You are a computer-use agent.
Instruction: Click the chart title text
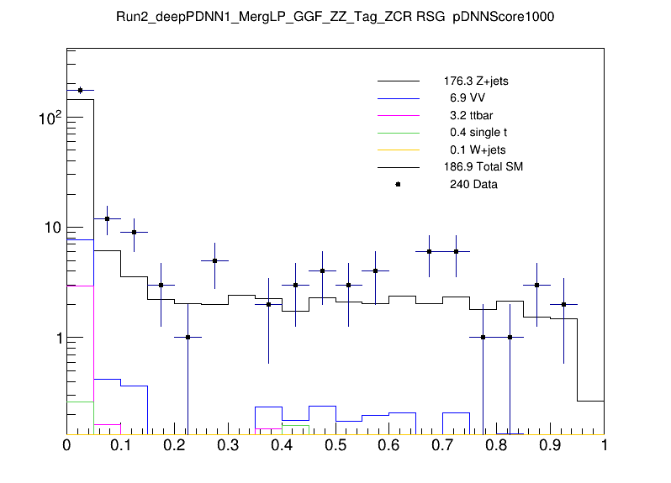[335, 17]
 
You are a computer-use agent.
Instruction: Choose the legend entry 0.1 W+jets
[475, 150]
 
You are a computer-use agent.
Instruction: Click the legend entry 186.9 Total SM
[483, 167]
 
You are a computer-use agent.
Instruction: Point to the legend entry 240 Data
[473, 184]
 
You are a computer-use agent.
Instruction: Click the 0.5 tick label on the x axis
[335, 446]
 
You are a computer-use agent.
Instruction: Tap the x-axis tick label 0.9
[550, 446]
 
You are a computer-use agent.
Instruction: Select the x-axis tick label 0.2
[174, 446]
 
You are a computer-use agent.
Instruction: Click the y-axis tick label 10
[50, 228]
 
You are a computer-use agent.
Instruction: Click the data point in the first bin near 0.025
[80, 90]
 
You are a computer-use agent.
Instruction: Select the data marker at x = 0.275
[214, 260]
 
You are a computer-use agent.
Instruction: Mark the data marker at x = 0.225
[188, 337]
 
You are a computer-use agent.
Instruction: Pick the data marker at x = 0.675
[429, 251]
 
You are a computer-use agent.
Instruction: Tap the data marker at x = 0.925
[563, 304]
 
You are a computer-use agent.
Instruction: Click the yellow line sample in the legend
[398, 150]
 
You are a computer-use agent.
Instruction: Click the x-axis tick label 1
[603, 446]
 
